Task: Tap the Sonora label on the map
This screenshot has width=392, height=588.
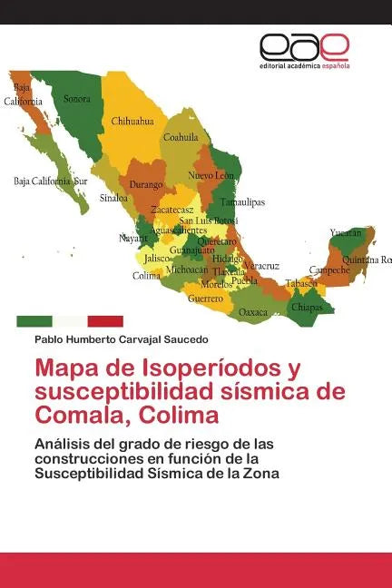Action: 77,98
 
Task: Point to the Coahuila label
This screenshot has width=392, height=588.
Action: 181,138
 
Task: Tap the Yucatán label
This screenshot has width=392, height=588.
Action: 346,232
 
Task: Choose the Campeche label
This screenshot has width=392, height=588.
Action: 329,269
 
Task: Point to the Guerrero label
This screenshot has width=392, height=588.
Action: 205,298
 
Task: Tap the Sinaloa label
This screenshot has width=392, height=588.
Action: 113,197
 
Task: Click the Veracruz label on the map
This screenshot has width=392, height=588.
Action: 261,265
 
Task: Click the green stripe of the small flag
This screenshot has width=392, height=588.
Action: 34,321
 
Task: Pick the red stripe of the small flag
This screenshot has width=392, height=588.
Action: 105,321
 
